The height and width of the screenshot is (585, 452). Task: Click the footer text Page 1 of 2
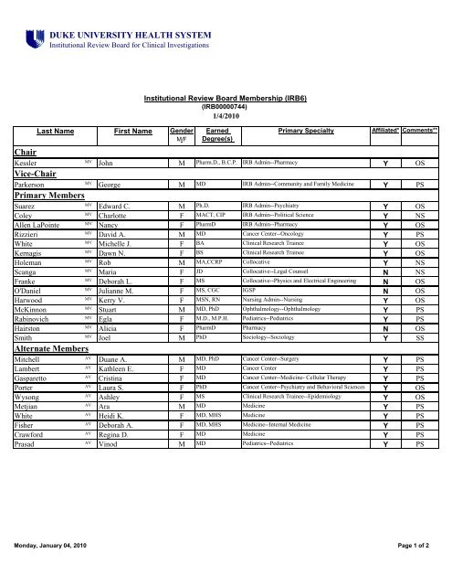click(421, 570)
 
